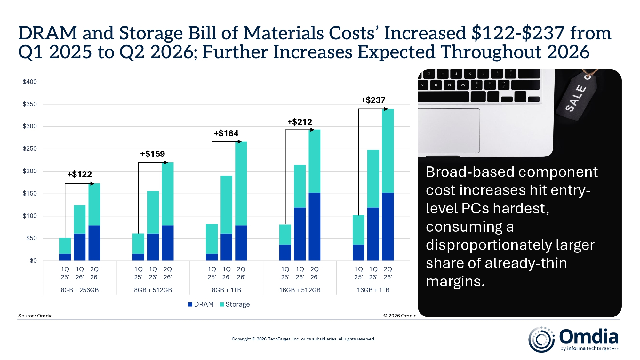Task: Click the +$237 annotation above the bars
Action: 373,100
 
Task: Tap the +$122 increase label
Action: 79,174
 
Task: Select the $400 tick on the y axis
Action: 30,82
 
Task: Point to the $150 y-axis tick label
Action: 30,194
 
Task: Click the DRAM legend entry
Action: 201,304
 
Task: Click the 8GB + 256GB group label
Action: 80,290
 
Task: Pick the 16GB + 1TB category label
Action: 373,290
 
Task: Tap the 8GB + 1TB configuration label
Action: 226,290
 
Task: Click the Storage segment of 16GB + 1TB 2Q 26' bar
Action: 388,151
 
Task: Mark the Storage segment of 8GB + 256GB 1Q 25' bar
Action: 65,246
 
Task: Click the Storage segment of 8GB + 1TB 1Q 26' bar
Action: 226,205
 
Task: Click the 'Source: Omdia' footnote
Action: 35,316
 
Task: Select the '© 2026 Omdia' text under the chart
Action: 400,316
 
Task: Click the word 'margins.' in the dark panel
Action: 455,282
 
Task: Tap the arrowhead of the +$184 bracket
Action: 240,142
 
